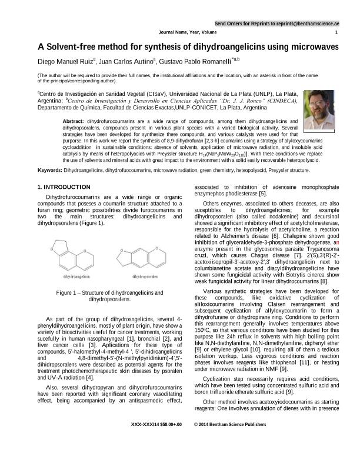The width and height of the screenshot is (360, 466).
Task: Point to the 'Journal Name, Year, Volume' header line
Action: pyautogui.click(x=188, y=33)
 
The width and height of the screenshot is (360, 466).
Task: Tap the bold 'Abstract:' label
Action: pyautogui.click(x=73, y=121)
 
